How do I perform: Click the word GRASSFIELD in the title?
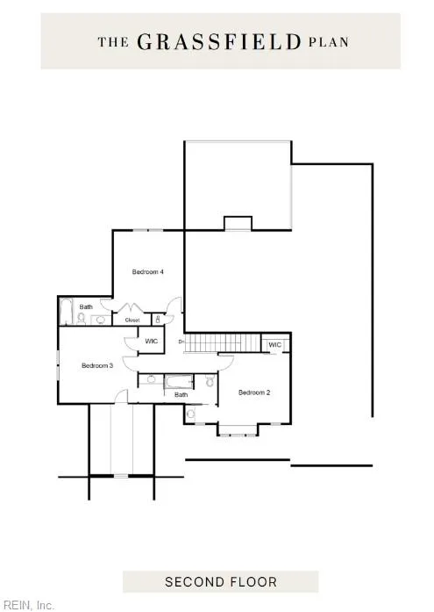(x=219, y=42)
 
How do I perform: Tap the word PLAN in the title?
(x=329, y=42)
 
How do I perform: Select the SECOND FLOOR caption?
(x=221, y=582)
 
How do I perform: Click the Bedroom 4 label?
(x=147, y=271)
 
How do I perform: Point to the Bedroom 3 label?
(x=97, y=366)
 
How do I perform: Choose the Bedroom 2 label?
(x=254, y=392)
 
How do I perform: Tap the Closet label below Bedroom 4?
(x=132, y=320)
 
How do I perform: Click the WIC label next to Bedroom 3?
(x=151, y=342)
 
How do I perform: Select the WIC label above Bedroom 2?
(x=274, y=345)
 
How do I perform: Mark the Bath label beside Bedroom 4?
(x=86, y=306)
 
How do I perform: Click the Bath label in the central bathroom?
(x=181, y=394)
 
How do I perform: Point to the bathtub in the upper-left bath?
(x=67, y=312)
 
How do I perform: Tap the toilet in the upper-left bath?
(x=82, y=319)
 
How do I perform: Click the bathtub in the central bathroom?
(x=179, y=382)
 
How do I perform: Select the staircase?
(x=222, y=343)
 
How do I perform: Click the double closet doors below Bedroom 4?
(x=128, y=307)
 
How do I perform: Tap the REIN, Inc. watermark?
(x=27, y=605)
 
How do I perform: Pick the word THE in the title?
(x=113, y=42)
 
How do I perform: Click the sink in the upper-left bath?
(x=101, y=320)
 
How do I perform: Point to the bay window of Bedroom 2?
(x=238, y=429)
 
